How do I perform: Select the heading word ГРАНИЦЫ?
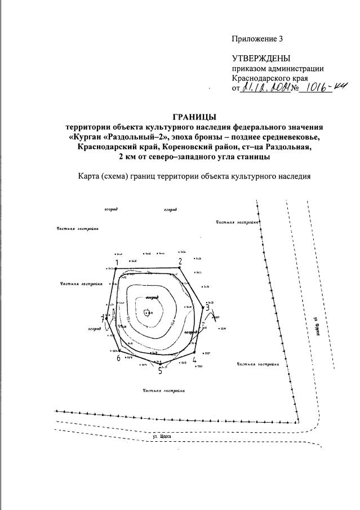[180, 117]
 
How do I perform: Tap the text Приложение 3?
[256, 39]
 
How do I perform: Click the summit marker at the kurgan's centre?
[146, 312]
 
